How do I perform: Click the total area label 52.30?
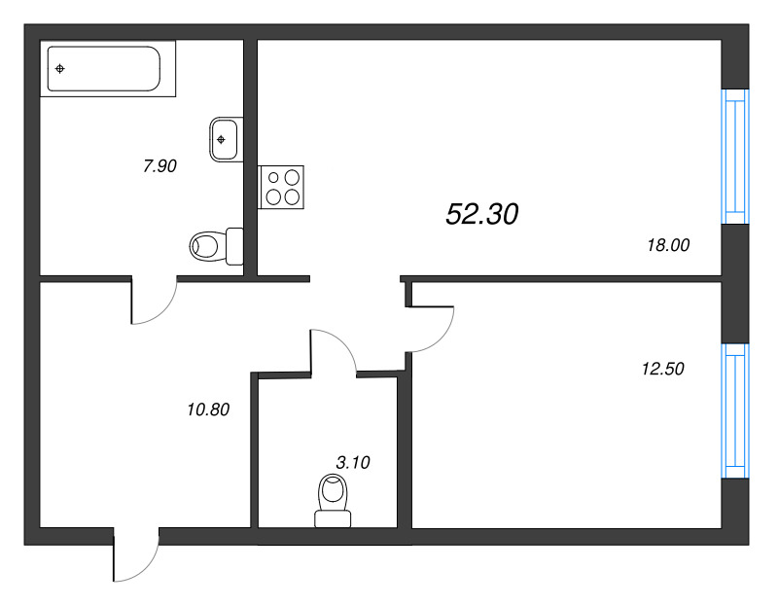coord(481,214)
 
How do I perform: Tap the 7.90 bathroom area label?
coord(159,165)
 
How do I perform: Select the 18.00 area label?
coord(668,245)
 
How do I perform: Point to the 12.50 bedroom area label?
coord(663,369)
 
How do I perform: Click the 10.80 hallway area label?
coord(208,410)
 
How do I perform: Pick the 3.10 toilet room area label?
coord(353,463)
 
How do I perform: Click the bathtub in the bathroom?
coord(108,68)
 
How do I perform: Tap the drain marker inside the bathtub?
coord(60,69)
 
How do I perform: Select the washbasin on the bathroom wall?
coord(227,139)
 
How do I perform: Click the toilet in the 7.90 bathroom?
coord(216,246)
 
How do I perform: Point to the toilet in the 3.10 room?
coord(333,500)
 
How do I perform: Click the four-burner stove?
coord(281,187)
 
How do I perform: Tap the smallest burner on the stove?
coord(273,177)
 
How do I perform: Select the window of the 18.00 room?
coord(735,157)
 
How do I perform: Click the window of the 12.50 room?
coord(735,410)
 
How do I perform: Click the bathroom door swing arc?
coord(163,312)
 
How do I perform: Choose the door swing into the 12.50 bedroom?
coord(444,338)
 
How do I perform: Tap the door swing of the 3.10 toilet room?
coord(342,342)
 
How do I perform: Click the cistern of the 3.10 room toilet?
coord(333,519)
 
